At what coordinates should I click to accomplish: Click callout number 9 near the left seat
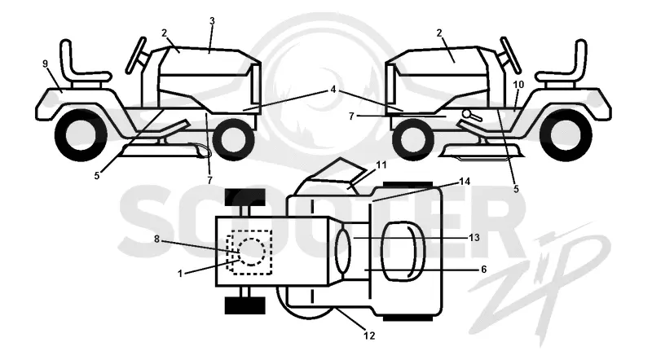click(x=46, y=64)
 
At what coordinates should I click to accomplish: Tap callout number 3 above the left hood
click(x=212, y=21)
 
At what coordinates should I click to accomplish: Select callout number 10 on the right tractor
click(x=518, y=85)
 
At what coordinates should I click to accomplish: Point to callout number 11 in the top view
click(x=381, y=165)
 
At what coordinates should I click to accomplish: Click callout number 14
click(x=465, y=182)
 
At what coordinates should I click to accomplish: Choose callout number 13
click(x=474, y=238)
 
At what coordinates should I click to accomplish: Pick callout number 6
click(x=483, y=270)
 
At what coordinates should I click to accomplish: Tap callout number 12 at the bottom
click(x=369, y=336)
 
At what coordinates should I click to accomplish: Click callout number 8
click(x=156, y=239)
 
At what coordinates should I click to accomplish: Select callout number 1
click(x=180, y=274)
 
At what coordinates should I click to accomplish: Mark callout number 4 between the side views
click(x=333, y=90)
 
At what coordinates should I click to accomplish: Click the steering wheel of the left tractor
click(x=136, y=54)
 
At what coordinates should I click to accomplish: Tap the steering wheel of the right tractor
click(x=511, y=54)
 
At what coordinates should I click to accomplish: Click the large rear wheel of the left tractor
click(x=81, y=135)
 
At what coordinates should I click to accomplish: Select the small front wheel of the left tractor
click(x=233, y=138)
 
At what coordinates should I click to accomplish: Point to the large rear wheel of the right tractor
click(x=566, y=135)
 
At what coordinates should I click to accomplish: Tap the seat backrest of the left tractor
click(x=67, y=58)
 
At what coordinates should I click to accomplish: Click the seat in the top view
click(x=402, y=251)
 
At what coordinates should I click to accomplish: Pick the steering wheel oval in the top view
click(x=343, y=251)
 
